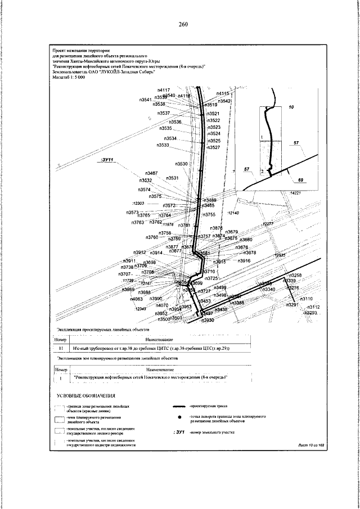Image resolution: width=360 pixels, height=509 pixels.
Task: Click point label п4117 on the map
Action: pyautogui.click(x=164, y=90)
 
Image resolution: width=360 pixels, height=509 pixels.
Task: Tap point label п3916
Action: pyautogui.click(x=244, y=262)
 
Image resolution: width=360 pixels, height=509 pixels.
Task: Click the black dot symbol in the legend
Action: pyautogui.click(x=179, y=418)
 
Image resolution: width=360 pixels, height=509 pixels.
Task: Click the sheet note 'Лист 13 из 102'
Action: pyautogui.click(x=312, y=444)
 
